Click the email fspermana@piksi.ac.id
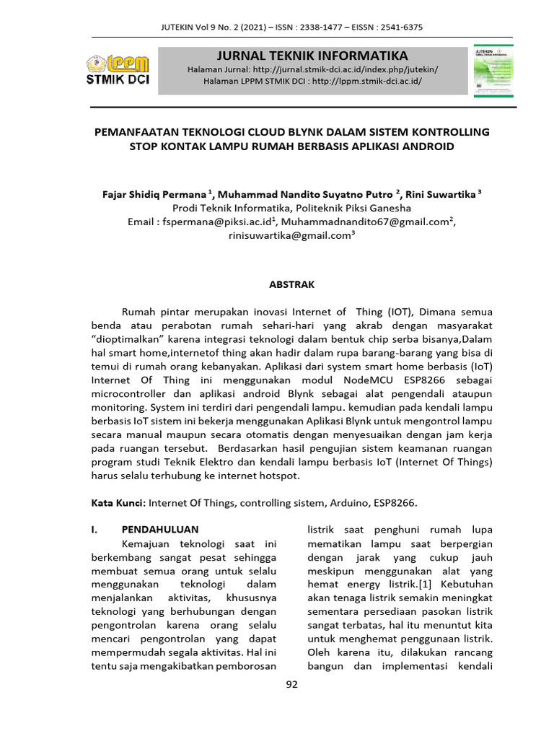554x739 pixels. pyautogui.click(x=220, y=222)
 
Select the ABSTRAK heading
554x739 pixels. pyautogui.click(x=291, y=284)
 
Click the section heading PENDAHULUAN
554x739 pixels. pyautogui.click(x=159, y=529)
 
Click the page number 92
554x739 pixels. pyautogui.click(x=291, y=685)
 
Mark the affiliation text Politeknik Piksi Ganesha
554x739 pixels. pyautogui.click(x=353, y=208)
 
